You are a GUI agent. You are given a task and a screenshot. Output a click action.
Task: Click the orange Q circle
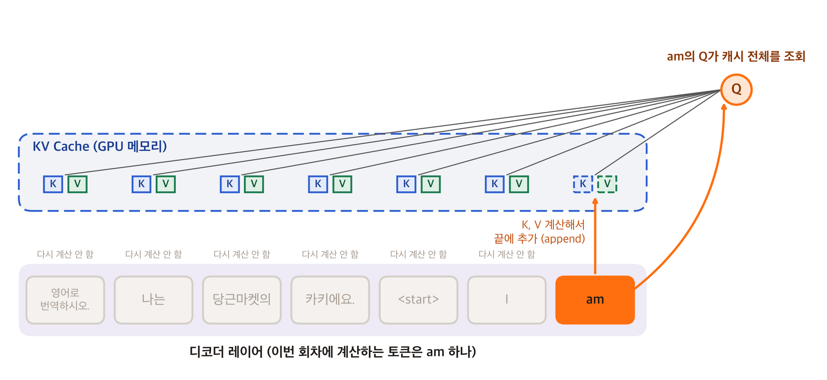(x=736, y=90)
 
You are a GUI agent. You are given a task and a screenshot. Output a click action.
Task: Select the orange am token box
(x=595, y=300)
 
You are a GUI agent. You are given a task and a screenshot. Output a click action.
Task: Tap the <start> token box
(x=418, y=300)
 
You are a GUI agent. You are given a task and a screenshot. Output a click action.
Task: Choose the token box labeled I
(x=507, y=300)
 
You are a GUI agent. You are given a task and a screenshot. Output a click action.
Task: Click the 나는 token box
(x=153, y=300)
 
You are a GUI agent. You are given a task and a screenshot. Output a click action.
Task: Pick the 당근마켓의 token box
(x=242, y=300)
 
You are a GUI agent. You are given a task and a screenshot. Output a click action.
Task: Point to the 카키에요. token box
(x=330, y=300)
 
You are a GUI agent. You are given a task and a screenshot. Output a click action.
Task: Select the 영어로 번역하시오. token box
(x=65, y=300)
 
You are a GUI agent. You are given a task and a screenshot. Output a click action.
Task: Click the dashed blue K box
(x=583, y=184)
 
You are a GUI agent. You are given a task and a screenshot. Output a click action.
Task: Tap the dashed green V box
(x=607, y=184)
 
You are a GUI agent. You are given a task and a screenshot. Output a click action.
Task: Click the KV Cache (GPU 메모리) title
(x=100, y=147)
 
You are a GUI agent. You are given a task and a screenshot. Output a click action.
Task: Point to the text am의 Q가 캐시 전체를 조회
(x=736, y=56)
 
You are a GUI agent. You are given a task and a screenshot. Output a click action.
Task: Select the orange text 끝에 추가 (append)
(x=539, y=239)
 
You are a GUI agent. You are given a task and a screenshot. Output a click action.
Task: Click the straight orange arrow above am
(x=595, y=236)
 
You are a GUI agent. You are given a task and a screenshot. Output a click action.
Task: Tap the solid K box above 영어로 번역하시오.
(x=53, y=184)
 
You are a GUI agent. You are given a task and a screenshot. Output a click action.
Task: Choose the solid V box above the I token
(x=519, y=184)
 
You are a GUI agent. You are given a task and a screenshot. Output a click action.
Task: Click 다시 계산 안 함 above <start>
(x=418, y=254)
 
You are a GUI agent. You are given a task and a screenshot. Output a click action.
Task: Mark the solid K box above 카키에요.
(x=318, y=184)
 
